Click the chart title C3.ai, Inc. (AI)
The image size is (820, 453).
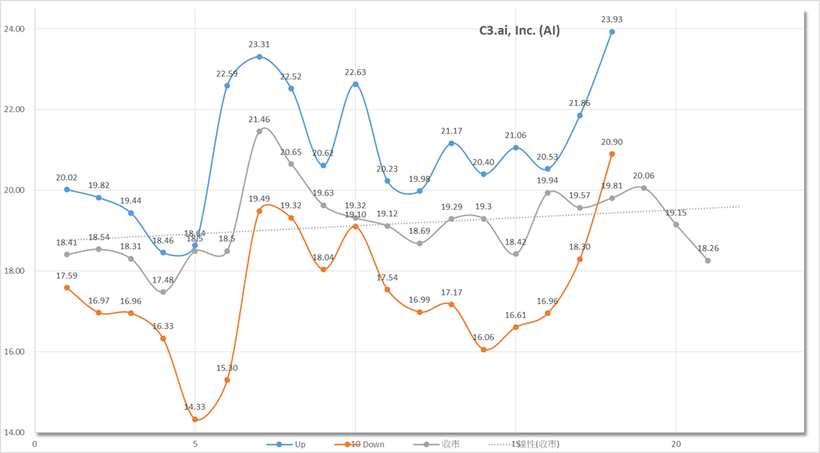(519, 31)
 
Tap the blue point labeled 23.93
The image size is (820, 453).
(612, 32)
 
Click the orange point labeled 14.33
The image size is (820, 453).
(195, 419)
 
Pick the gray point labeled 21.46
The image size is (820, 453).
(259, 131)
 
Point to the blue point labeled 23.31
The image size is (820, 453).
(259, 57)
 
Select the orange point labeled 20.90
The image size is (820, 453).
(612, 154)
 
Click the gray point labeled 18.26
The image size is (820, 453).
(708, 261)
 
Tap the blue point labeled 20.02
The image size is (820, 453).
(67, 190)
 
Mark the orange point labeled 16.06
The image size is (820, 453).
(483, 349)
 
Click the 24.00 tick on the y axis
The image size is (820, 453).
(14, 29)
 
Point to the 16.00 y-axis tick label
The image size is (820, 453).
(14, 352)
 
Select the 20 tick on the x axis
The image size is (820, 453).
(676, 444)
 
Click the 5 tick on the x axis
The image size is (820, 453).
(195, 444)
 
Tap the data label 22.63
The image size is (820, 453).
(356, 72)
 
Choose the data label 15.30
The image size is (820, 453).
(227, 368)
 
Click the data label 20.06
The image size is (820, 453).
(643, 176)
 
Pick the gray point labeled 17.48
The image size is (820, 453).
(163, 292)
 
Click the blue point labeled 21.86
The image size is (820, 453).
(579, 116)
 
